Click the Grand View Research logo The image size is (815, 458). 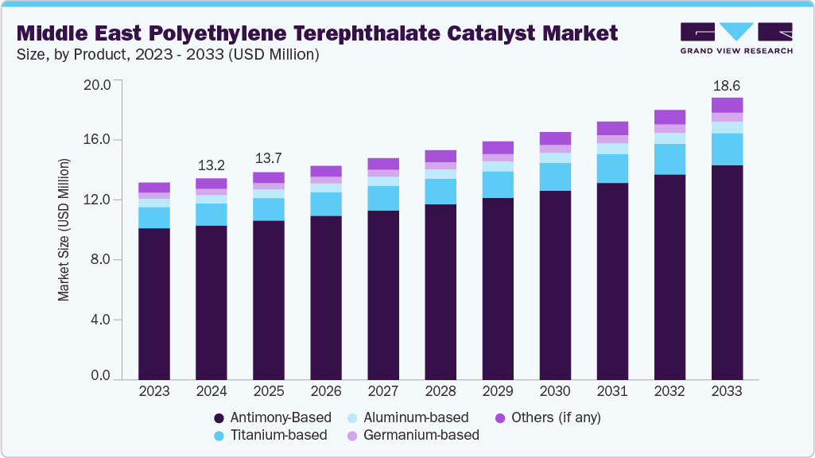click(736, 37)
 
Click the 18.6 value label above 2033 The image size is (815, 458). click(727, 85)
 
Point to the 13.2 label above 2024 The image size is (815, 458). click(212, 165)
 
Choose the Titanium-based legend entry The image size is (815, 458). click(271, 435)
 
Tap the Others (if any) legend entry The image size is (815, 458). click(548, 417)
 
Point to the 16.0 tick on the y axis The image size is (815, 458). click(104, 140)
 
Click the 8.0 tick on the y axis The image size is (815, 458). click(107, 260)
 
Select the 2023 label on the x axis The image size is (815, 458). click(154, 392)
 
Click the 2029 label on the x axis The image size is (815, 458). click(498, 392)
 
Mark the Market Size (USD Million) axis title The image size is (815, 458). click(64, 230)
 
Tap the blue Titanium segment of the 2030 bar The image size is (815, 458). click(555, 177)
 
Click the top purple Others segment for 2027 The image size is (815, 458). click(383, 164)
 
